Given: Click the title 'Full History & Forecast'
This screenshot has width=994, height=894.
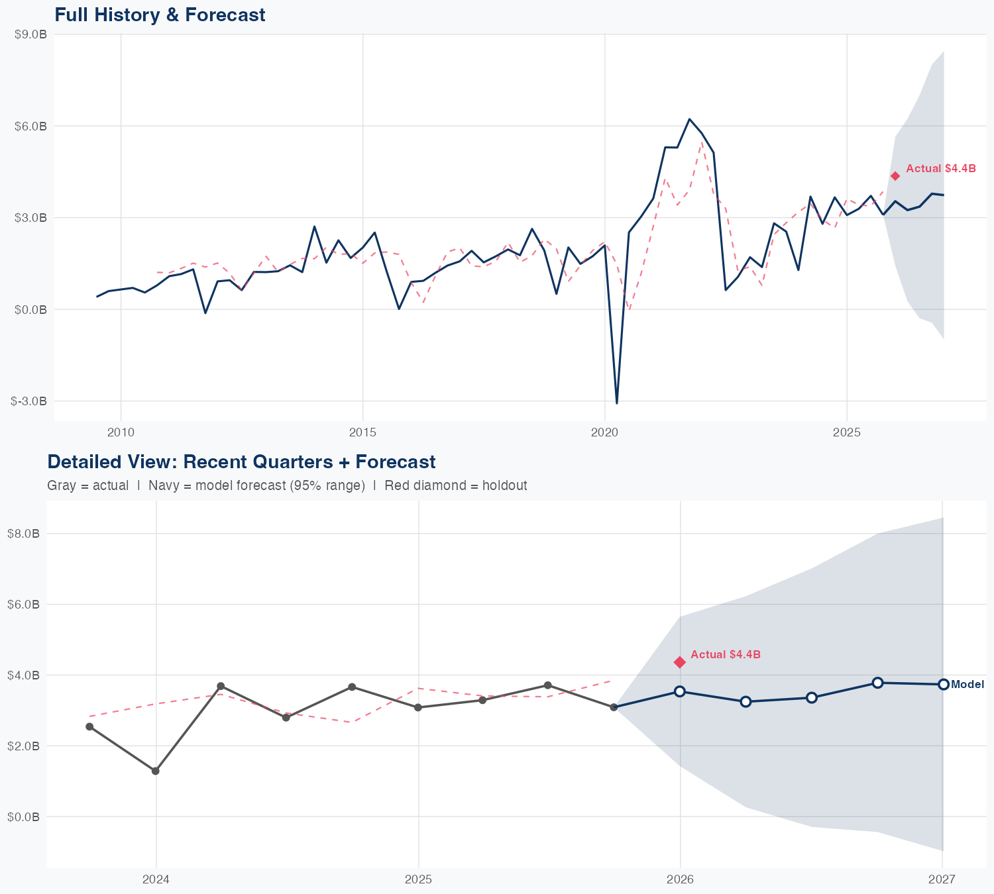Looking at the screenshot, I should click(160, 15).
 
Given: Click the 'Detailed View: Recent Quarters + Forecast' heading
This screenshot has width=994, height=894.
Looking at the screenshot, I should click(241, 462).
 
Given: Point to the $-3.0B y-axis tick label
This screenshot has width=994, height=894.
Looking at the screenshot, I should click(28, 401).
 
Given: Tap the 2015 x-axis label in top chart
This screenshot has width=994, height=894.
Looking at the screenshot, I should click(362, 432).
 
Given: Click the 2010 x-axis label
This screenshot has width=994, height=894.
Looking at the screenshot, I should click(121, 432).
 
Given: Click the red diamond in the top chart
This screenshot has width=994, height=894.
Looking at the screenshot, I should click(895, 176).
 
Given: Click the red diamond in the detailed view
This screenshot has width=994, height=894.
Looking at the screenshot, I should click(680, 662).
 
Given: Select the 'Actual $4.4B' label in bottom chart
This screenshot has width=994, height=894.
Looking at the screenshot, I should click(725, 655).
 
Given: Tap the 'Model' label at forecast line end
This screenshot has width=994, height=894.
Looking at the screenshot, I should click(967, 685).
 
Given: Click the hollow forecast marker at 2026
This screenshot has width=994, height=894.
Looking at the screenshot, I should click(680, 691).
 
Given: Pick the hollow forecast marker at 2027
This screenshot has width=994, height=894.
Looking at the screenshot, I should click(943, 684).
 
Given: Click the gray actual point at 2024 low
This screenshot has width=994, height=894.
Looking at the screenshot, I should click(155, 771).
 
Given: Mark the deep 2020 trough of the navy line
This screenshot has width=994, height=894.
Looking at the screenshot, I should click(617, 403).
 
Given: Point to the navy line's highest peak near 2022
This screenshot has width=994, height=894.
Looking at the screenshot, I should click(689, 119).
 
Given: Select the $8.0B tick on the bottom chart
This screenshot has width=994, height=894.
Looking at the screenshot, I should click(23, 534).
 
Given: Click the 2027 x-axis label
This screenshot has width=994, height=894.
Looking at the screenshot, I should click(942, 879).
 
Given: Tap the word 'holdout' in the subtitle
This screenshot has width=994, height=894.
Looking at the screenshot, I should click(504, 485).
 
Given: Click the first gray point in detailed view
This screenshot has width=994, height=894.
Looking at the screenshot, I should click(89, 726).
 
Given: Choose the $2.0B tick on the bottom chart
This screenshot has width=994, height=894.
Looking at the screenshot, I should click(23, 746).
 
